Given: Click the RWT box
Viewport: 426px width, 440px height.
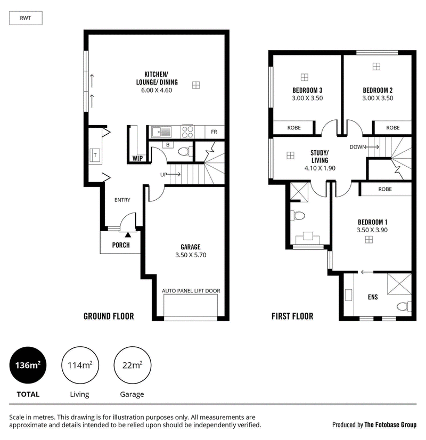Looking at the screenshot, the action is pos(26,18).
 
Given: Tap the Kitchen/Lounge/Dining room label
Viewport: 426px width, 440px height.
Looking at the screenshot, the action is pos(157,78).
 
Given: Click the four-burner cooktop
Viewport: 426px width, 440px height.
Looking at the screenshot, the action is pos(187,132).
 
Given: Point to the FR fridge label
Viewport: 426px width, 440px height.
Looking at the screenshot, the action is pos(214,132).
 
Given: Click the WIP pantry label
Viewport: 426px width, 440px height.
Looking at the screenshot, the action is pos(137,158).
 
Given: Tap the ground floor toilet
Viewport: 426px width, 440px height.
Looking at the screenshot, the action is pos(185,151).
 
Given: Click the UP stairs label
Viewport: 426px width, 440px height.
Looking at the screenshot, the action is pos(163,175).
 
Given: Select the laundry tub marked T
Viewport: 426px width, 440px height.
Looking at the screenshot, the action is pos(95,154).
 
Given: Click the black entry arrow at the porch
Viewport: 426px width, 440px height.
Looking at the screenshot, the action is pos(128,234).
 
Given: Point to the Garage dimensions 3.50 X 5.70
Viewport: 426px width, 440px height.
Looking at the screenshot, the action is pos(191,255).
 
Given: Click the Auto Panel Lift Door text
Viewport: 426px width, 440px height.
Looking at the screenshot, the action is pos(191,291).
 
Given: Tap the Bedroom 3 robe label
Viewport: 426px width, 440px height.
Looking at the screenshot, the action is pos(294,128).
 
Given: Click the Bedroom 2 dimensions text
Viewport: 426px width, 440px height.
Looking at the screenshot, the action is pos(378,98).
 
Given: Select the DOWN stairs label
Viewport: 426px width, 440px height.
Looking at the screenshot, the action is pos(357,147).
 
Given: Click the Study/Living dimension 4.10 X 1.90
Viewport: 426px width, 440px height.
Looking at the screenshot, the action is pos(319,168).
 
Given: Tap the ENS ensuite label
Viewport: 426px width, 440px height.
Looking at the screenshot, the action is pos(373,297).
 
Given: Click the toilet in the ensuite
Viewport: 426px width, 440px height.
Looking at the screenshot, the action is pos(404,306).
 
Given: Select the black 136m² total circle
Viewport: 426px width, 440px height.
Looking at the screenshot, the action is pos(28,365).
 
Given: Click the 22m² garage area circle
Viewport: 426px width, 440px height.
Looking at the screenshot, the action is pos(133,365).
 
